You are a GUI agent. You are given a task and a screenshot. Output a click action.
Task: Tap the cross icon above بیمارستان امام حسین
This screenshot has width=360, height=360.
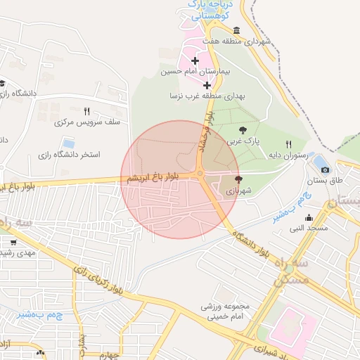click(195, 61)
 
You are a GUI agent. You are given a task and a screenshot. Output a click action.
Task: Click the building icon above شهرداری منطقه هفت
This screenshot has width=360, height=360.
click(236, 31)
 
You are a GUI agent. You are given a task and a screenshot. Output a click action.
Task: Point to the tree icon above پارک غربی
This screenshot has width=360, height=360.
click(243, 129)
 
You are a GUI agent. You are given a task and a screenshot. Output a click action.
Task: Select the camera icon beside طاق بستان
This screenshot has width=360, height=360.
click(324, 169)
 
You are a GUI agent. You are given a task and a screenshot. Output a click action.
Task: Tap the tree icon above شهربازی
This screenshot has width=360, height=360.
click(238, 179)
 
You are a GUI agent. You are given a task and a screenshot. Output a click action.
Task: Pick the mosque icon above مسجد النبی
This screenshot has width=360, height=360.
click(309, 217)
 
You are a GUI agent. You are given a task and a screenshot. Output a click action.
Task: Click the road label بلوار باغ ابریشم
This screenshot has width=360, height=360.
click(150, 179)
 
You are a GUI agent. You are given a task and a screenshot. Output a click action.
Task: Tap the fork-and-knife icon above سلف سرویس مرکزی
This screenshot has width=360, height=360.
click(87, 111)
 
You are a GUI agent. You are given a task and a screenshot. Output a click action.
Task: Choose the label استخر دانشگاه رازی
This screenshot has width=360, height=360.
click(71, 153)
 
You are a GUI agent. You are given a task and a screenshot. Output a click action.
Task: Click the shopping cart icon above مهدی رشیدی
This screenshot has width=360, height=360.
click(13, 242)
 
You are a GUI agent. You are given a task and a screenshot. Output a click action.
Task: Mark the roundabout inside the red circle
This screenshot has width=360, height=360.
click(200, 173)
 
